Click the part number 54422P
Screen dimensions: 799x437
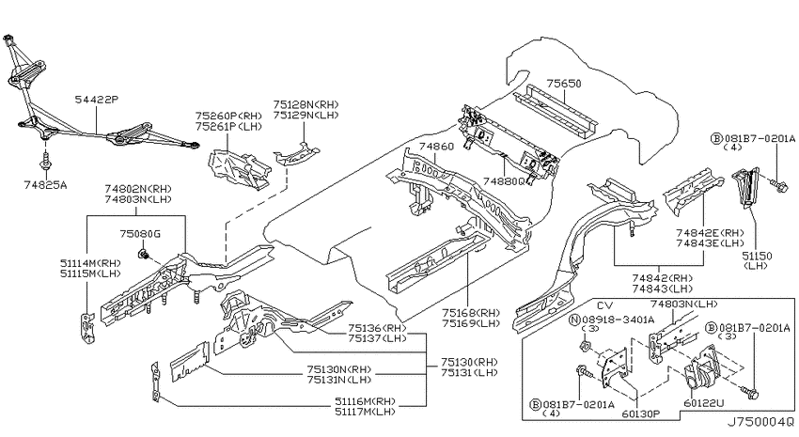(96, 99)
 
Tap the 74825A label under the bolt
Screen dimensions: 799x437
(45, 185)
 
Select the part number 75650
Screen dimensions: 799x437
(564, 84)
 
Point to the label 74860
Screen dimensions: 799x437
(437, 148)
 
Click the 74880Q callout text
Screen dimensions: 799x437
(504, 181)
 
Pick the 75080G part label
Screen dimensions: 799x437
(140, 234)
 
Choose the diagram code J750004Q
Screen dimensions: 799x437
(760, 422)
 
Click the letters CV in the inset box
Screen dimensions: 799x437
(604, 305)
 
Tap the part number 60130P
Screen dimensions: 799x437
(640, 414)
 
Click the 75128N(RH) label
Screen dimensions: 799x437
(305, 104)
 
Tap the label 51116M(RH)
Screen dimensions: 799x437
(366, 401)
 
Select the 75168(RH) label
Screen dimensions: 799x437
(471, 312)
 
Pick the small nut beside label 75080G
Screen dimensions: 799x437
(143, 254)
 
